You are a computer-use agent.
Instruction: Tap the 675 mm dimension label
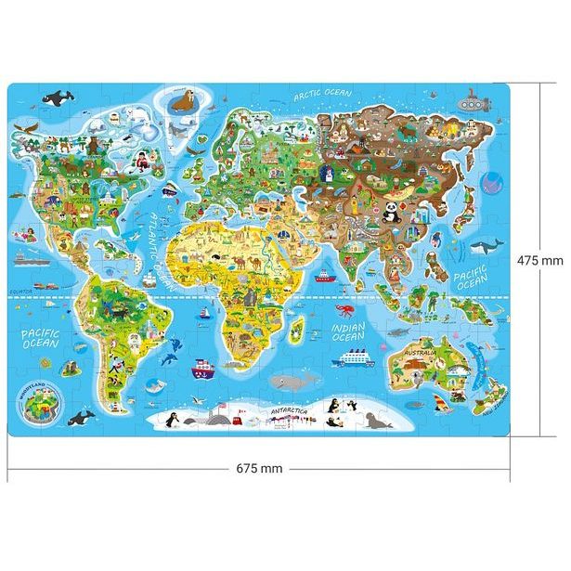click(259, 467)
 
